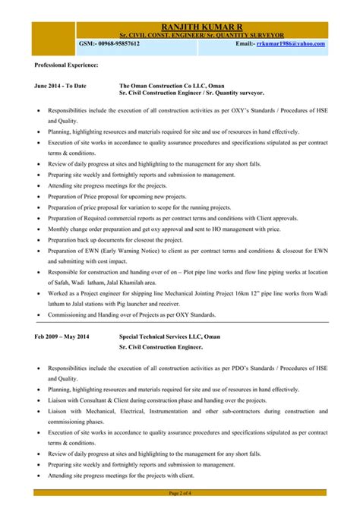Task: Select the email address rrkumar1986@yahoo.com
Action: tap(290, 44)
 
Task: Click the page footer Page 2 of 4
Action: tap(179, 495)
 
